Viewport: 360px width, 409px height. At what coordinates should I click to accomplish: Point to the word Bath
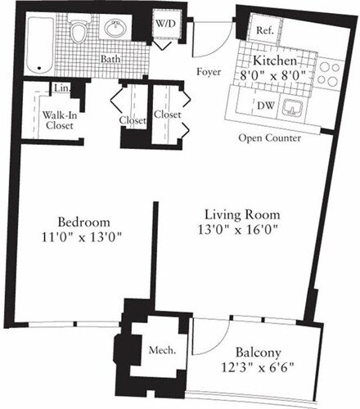[111, 60]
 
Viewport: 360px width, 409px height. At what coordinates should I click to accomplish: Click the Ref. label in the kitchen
[263, 30]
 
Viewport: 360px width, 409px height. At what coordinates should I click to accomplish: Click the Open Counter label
[269, 137]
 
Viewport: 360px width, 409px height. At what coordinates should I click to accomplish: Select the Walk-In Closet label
[61, 121]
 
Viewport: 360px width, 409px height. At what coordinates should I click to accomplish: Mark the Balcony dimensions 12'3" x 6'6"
[255, 366]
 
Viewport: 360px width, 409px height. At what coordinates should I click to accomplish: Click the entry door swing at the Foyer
[206, 41]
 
